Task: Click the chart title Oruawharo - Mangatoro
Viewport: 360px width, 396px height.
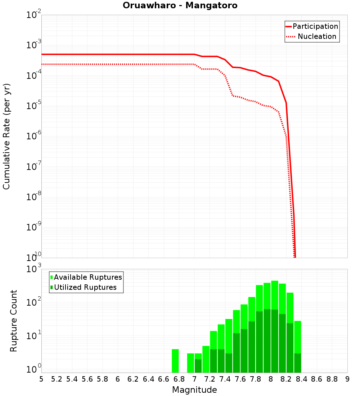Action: pyautogui.click(x=180, y=6)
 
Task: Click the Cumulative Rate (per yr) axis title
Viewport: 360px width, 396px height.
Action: pyautogui.click(x=6, y=136)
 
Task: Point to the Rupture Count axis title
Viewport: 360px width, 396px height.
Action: pyautogui.click(x=14, y=321)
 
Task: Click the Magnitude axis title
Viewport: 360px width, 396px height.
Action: pyautogui.click(x=194, y=390)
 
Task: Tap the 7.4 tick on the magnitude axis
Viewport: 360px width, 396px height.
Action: pyautogui.click(x=225, y=379)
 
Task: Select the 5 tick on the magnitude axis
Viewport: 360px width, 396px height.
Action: pyautogui.click(x=41, y=379)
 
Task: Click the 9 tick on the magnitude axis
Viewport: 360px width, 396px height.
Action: pyautogui.click(x=347, y=379)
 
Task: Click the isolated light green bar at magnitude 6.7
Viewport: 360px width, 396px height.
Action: pyautogui.click(x=175, y=361)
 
